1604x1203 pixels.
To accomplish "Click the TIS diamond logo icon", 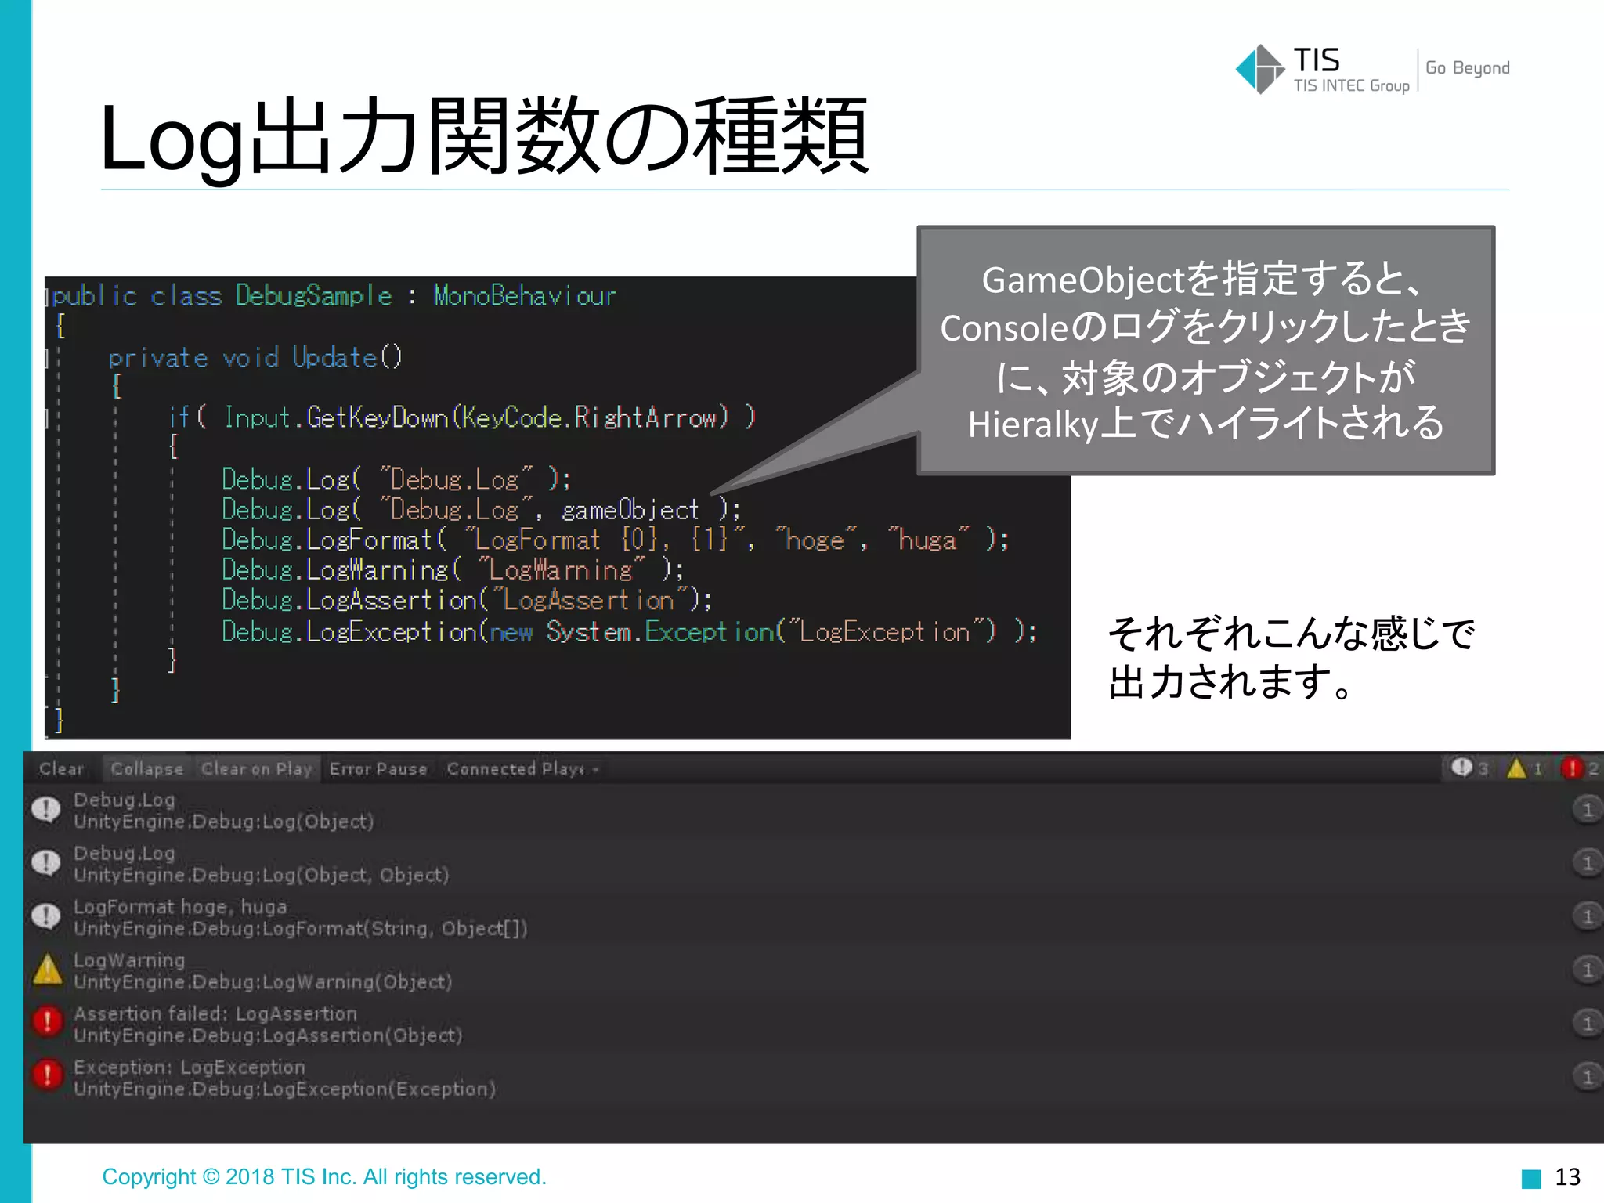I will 1259,69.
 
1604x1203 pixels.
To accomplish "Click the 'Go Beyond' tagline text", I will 1467,68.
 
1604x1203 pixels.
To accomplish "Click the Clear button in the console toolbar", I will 61,769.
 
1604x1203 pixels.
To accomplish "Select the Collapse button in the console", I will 146,769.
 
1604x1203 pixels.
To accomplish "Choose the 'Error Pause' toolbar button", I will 378,769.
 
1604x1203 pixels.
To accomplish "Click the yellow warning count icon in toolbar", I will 1517,768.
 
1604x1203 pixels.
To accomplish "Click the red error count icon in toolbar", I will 1571,768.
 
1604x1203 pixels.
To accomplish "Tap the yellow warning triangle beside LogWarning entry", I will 48,970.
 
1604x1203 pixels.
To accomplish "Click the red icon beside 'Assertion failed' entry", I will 48,1022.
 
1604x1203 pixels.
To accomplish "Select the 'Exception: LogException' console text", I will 189,1067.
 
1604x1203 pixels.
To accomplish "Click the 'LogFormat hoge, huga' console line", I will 180,906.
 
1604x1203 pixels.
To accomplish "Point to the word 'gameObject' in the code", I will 630,511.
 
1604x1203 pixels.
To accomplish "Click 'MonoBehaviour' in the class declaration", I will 525,296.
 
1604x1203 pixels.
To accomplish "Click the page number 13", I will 1567,1176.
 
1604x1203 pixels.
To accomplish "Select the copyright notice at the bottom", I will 324,1176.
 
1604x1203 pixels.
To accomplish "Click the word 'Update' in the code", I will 334,358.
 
